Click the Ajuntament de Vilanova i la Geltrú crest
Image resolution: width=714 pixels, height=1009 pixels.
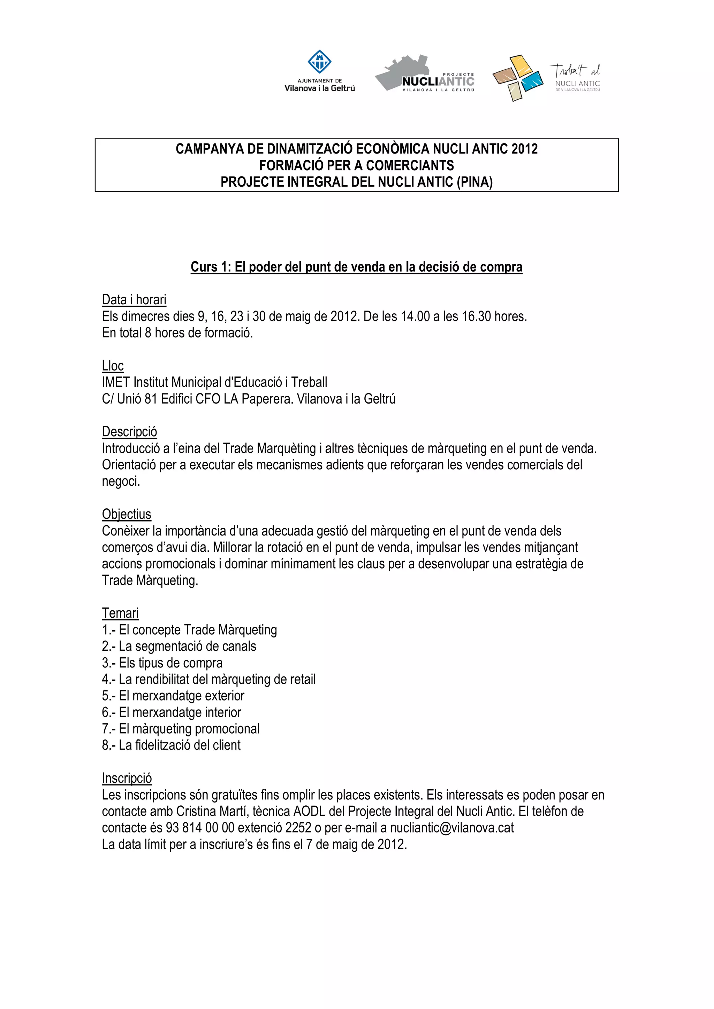(319, 62)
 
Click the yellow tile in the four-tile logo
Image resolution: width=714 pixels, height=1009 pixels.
(521, 65)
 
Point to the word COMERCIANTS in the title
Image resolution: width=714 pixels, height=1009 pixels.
(410, 166)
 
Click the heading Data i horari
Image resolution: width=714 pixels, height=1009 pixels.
(134, 300)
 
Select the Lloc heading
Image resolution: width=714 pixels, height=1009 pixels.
(113, 366)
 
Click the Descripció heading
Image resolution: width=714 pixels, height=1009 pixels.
(129, 431)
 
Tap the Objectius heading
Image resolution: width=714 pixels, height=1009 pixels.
(126, 514)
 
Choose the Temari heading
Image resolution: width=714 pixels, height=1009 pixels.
(120, 613)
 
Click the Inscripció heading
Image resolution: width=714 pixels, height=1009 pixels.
(127, 778)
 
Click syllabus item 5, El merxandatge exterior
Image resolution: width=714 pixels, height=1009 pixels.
(173, 696)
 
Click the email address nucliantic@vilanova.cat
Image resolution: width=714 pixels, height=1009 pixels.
(452, 828)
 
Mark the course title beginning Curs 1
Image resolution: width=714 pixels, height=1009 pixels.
(356, 267)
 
